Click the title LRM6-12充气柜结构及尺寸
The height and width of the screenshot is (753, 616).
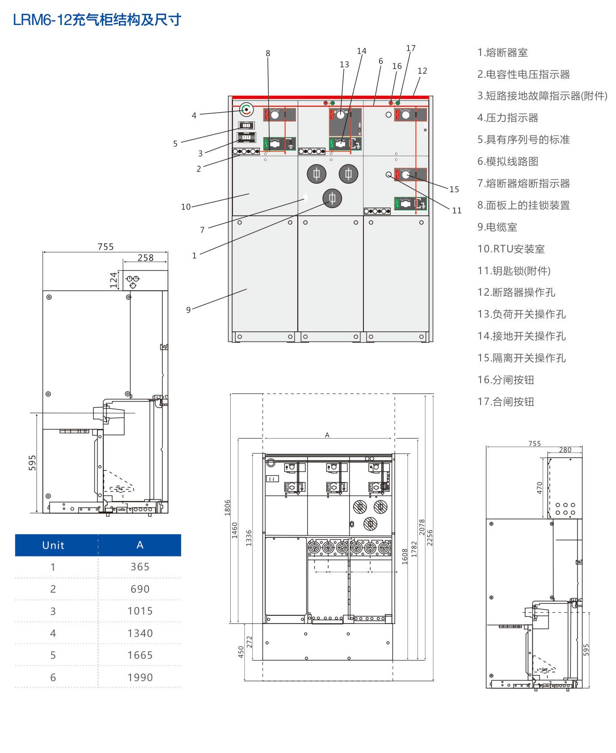(x=97, y=20)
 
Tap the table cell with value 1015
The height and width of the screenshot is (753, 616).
(x=140, y=611)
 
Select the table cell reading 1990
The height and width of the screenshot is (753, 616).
(x=140, y=678)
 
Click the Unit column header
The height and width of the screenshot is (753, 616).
(x=53, y=545)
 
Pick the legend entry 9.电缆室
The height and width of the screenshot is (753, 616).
(x=497, y=227)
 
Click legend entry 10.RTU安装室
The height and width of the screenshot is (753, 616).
(x=511, y=249)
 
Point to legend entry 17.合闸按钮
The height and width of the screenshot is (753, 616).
(x=506, y=402)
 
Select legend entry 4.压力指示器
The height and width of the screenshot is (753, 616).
(x=507, y=118)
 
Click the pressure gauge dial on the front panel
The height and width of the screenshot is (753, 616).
(x=246, y=109)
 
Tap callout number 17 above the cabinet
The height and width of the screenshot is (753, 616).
(x=411, y=48)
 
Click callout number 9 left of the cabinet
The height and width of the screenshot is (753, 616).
(x=189, y=310)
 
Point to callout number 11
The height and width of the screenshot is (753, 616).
(x=456, y=210)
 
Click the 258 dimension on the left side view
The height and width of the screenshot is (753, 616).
(x=145, y=258)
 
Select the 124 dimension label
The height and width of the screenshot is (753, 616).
(x=114, y=280)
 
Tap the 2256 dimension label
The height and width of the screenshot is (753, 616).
(x=430, y=538)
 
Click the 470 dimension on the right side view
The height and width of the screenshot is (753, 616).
(x=540, y=488)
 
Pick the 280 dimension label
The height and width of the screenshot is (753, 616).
(x=565, y=450)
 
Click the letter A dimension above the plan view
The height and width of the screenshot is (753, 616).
(x=327, y=435)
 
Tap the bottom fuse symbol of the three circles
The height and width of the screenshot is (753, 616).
(x=332, y=198)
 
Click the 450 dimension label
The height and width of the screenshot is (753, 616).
(x=241, y=652)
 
